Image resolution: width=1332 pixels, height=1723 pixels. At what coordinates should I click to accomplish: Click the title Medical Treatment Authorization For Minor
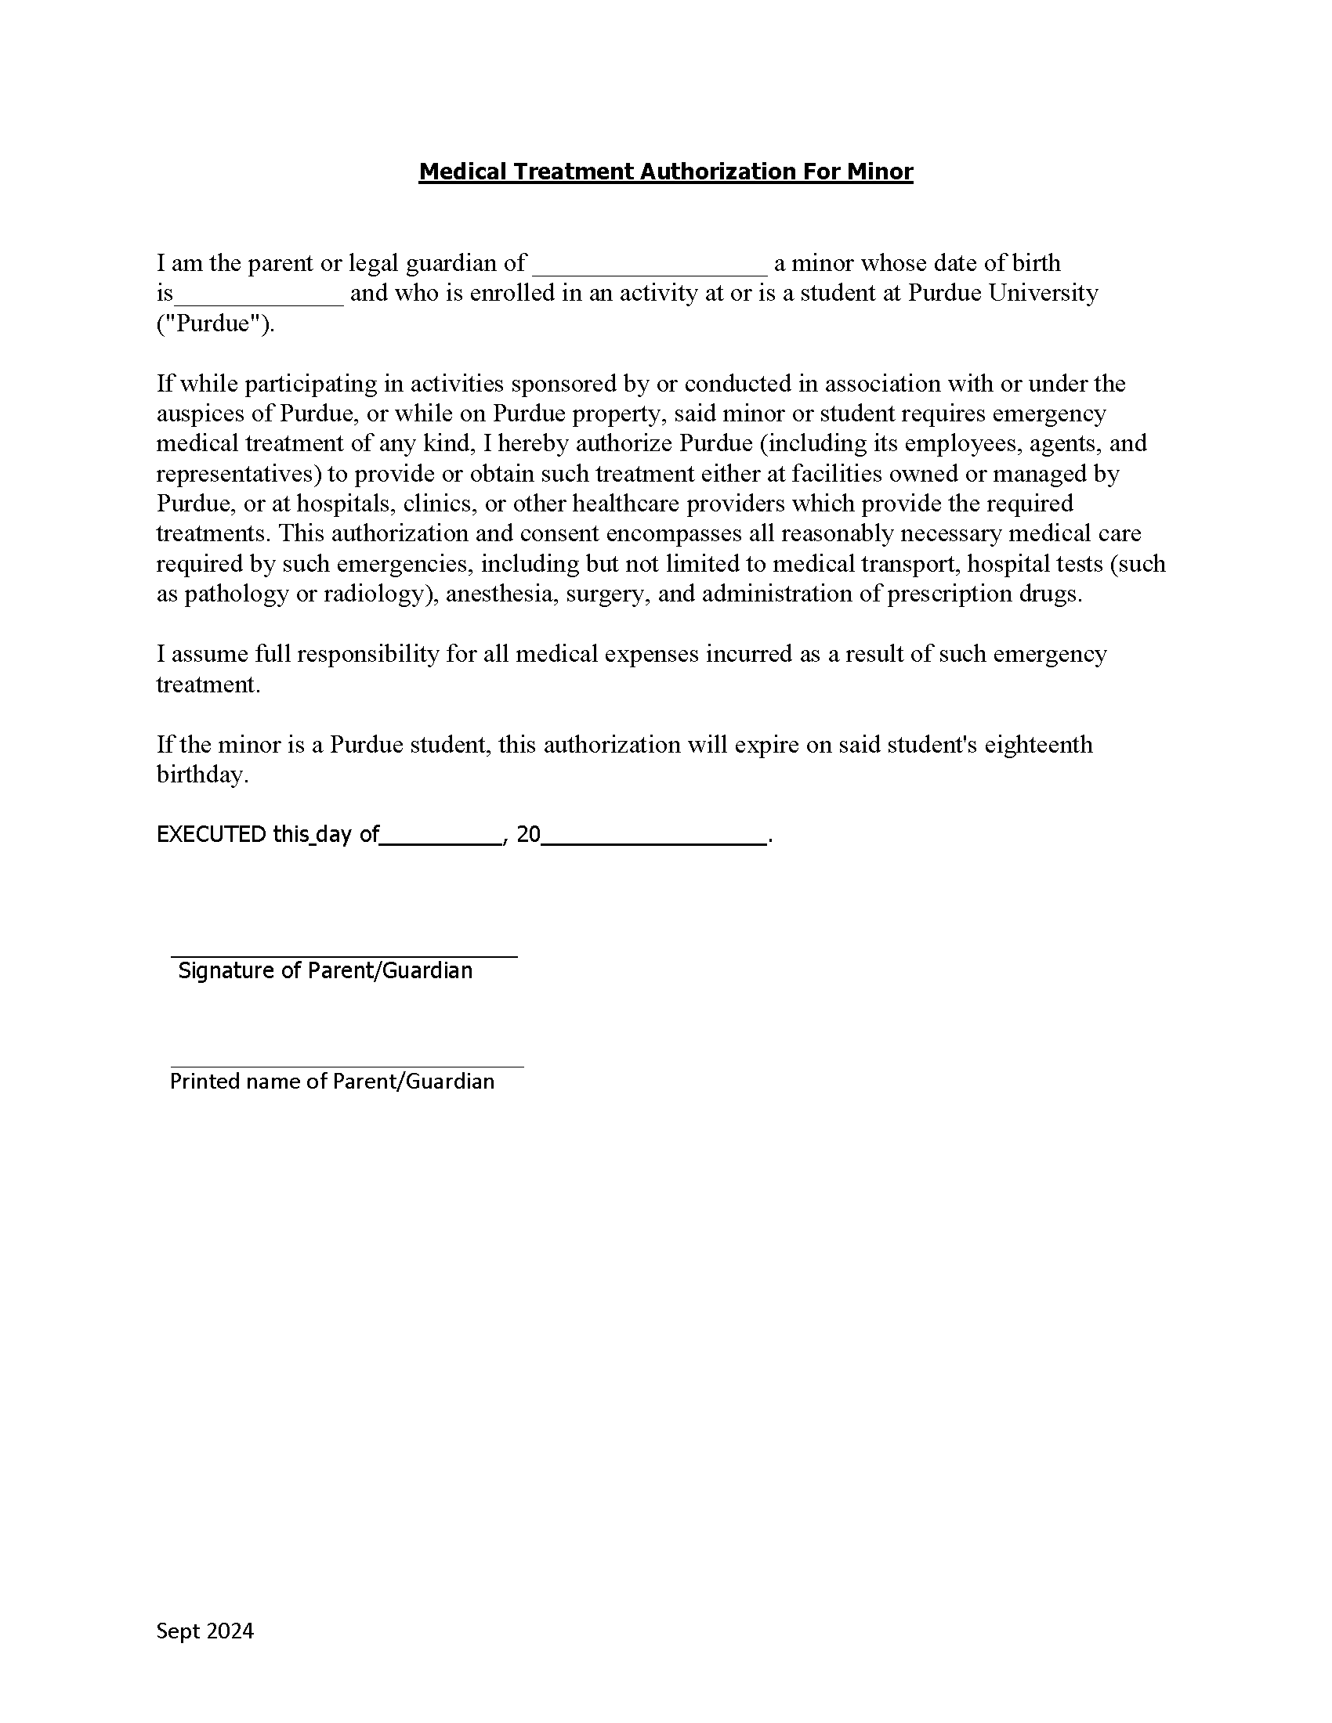click(665, 172)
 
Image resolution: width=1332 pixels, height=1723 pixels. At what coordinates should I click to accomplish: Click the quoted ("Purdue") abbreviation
click(215, 323)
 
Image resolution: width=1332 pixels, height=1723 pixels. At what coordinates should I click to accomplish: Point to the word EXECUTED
click(211, 834)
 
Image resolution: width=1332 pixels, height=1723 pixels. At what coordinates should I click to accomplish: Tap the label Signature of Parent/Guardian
click(325, 970)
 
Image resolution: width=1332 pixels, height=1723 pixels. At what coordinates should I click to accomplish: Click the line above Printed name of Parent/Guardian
click(346, 1066)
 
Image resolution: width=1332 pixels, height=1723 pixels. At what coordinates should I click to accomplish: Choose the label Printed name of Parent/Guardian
click(332, 1081)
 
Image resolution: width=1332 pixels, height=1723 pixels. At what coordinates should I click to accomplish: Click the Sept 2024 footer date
click(205, 1631)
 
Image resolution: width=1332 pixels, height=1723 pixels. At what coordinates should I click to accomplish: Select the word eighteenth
click(1038, 744)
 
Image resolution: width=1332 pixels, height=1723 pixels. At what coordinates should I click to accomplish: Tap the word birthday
click(202, 774)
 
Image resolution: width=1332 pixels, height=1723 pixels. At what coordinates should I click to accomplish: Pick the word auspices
click(201, 414)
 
